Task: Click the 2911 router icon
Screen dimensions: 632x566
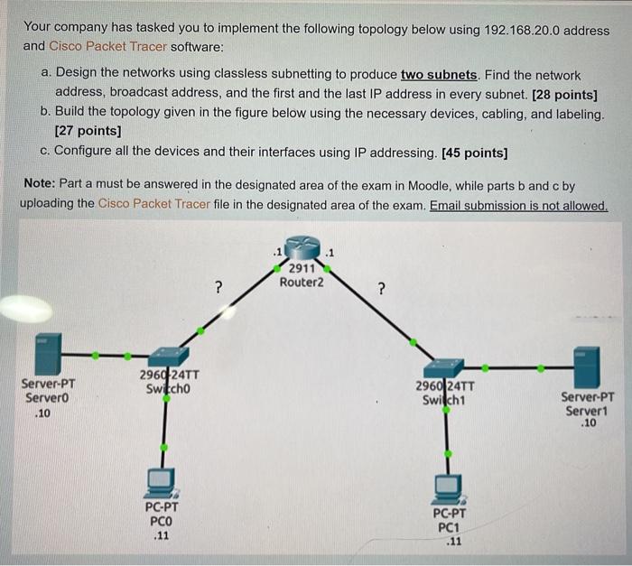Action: coord(302,246)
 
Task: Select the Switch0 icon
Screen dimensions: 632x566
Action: coord(169,357)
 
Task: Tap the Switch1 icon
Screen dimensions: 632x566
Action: coord(443,367)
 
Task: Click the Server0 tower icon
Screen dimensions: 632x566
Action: coord(49,354)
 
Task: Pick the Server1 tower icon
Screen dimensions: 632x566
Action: coord(587,367)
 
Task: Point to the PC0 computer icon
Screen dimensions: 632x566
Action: coord(162,483)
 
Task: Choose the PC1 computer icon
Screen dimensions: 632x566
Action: coord(449,489)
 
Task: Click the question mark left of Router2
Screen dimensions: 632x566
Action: coord(218,287)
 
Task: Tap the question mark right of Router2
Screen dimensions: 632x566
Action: coord(381,289)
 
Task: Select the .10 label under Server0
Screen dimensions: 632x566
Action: coord(42,413)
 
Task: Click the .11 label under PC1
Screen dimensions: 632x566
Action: coord(454,541)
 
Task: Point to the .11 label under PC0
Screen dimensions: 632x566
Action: coord(162,535)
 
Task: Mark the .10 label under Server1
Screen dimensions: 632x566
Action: coord(589,422)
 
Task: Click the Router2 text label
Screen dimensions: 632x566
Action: coord(302,283)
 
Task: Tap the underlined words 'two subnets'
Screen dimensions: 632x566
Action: coord(439,75)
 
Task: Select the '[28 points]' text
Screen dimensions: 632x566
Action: coord(564,95)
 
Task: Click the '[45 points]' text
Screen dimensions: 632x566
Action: coord(474,153)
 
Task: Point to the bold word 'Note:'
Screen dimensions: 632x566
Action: coord(40,183)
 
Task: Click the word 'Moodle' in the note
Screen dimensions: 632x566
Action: coord(429,186)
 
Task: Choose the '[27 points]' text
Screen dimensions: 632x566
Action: coord(88,131)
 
